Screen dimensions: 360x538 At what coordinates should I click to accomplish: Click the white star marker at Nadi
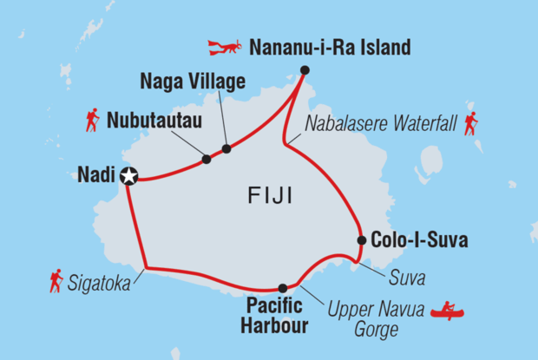click(129, 176)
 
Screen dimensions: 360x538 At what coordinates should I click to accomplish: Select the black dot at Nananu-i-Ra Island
click(305, 70)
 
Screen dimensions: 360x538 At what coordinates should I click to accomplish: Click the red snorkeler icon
click(225, 45)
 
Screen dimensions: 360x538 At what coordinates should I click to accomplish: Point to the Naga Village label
click(194, 83)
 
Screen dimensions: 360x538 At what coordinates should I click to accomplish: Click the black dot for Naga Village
click(226, 149)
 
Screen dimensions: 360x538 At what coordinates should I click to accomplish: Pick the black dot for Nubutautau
click(207, 160)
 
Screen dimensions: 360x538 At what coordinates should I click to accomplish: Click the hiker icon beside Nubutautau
click(92, 120)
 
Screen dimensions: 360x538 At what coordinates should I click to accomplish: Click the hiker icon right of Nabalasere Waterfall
click(472, 123)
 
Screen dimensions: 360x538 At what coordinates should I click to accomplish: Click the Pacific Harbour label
click(276, 316)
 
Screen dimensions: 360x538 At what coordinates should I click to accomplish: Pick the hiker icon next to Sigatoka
click(56, 280)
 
